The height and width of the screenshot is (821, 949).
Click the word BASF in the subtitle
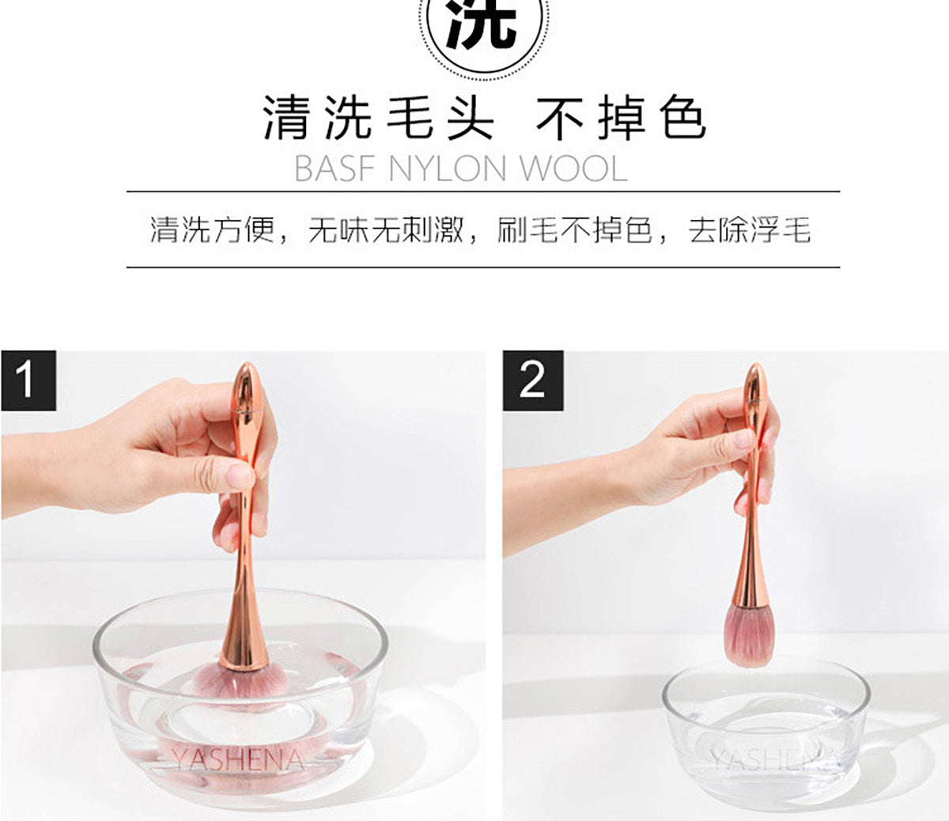[x=335, y=168]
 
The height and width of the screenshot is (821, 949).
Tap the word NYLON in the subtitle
[x=447, y=168]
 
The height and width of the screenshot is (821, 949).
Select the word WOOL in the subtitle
[x=574, y=168]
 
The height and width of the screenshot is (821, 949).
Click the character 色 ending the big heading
[x=682, y=119]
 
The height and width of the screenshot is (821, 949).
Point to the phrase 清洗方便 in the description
[x=212, y=229]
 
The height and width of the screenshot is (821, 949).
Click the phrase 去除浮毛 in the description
[x=750, y=229]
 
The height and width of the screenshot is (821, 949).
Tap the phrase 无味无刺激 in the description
[x=386, y=229]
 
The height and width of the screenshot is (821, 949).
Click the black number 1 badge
[x=28, y=380]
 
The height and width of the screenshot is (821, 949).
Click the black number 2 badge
[x=533, y=380]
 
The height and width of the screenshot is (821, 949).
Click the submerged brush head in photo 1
[x=241, y=683]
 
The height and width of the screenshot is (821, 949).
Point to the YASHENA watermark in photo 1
[x=237, y=759]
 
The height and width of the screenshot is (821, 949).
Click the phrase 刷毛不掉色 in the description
[x=575, y=229]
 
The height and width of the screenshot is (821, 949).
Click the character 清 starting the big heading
[x=285, y=119]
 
